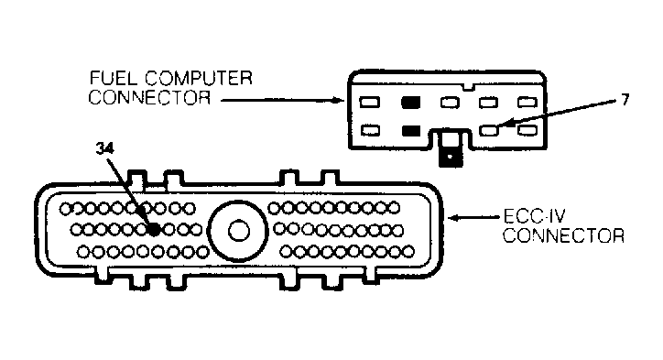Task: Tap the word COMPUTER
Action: (x=199, y=78)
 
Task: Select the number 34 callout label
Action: (x=105, y=148)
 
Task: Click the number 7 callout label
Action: (x=625, y=100)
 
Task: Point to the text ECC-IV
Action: (x=535, y=216)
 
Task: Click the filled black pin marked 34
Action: (x=155, y=230)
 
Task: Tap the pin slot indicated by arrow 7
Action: (x=489, y=130)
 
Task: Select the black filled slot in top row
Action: (x=410, y=103)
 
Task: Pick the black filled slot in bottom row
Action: (x=410, y=131)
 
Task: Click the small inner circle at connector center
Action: (x=239, y=231)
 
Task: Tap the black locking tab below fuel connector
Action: (x=451, y=156)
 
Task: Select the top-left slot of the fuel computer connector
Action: (x=370, y=102)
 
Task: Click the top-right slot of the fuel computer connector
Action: (x=527, y=103)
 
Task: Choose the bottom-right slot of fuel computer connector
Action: (x=527, y=130)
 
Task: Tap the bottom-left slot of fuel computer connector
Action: (x=370, y=130)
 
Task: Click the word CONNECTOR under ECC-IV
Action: (x=563, y=235)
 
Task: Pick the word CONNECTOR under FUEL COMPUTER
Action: (x=149, y=97)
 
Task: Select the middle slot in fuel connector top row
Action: (x=450, y=103)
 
